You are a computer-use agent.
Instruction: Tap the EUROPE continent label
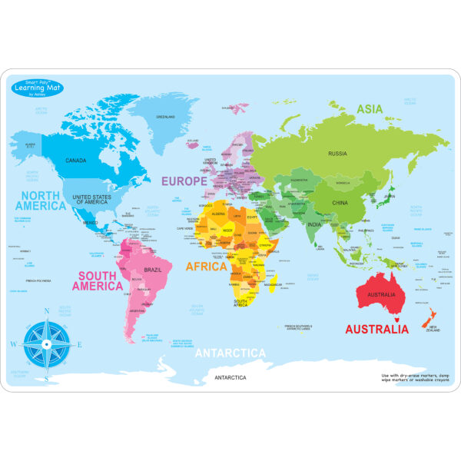point(184,181)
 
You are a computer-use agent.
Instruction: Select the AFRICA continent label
point(206,267)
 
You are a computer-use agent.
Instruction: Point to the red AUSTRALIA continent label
point(376,329)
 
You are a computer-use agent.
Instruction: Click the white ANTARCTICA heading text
point(230,353)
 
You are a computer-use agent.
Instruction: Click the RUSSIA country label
point(337,154)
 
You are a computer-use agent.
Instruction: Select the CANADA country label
point(75,161)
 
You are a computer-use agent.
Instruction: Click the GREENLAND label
point(165,117)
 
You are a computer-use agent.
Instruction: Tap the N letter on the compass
point(47,311)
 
